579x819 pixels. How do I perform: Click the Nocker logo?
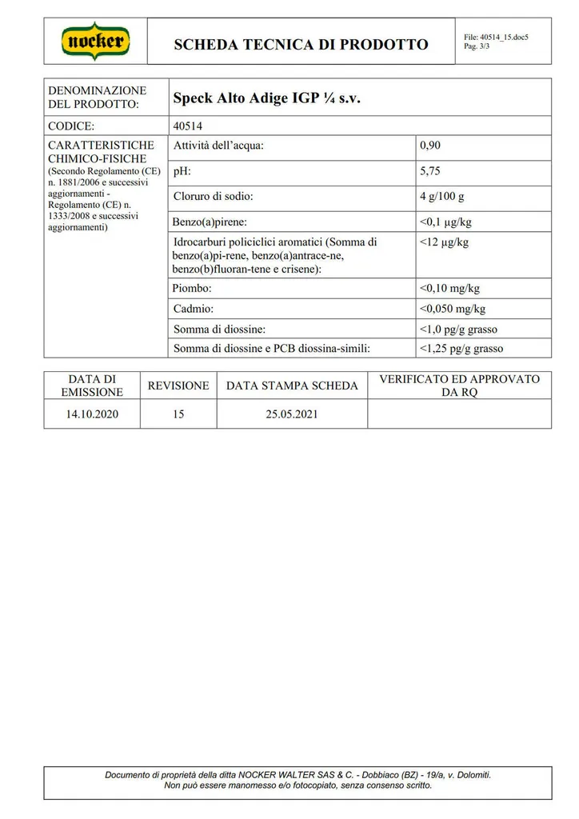(x=96, y=41)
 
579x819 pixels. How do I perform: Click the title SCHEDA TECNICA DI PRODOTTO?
(x=301, y=44)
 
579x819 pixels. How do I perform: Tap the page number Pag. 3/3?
(x=477, y=46)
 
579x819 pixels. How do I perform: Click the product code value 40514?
(x=188, y=126)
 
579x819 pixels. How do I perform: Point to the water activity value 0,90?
(x=430, y=146)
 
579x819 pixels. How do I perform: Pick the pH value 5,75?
(x=430, y=171)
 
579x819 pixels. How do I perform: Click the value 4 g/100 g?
(x=441, y=197)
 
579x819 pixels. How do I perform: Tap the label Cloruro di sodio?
(x=213, y=197)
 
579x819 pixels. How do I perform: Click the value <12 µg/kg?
(x=444, y=242)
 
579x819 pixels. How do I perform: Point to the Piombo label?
(x=192, y=289)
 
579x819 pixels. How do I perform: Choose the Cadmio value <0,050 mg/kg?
(x=452, y=309)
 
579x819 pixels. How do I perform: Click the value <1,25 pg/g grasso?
(x=461, y=349)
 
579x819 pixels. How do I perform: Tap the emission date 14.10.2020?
(x=92, y=414)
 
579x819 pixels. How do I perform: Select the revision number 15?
(x=178, y=414)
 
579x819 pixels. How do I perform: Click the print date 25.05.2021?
(x=292, y=414)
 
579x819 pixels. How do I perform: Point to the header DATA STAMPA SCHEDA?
(x=292, y=386)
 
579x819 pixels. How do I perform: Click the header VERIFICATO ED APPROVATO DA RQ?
(x=459, y=386)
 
